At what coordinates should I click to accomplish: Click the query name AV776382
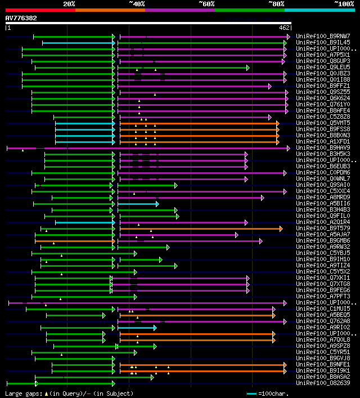pos(21,18)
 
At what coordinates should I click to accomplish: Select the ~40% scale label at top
pos(137,4)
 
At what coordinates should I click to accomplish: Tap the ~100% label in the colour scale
pos(344,4)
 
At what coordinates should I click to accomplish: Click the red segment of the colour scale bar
pos(40,10)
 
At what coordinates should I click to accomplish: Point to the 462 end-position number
pos(284,27)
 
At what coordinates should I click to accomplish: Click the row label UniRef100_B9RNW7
pos(323,36)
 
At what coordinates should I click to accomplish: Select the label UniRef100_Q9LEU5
pos(323,67)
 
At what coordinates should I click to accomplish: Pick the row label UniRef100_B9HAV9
pos(323,147)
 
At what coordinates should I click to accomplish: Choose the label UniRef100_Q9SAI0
pos(323,185)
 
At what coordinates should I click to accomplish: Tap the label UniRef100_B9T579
pos(323,228)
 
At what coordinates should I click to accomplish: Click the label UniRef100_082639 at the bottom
pos(323,383)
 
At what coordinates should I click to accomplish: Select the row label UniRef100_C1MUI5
pos(323,308)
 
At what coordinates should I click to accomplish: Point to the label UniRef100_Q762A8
pos(323,321)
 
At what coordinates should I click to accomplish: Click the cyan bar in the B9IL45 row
pos(77,43)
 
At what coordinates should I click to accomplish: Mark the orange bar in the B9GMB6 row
pos(73,241)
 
